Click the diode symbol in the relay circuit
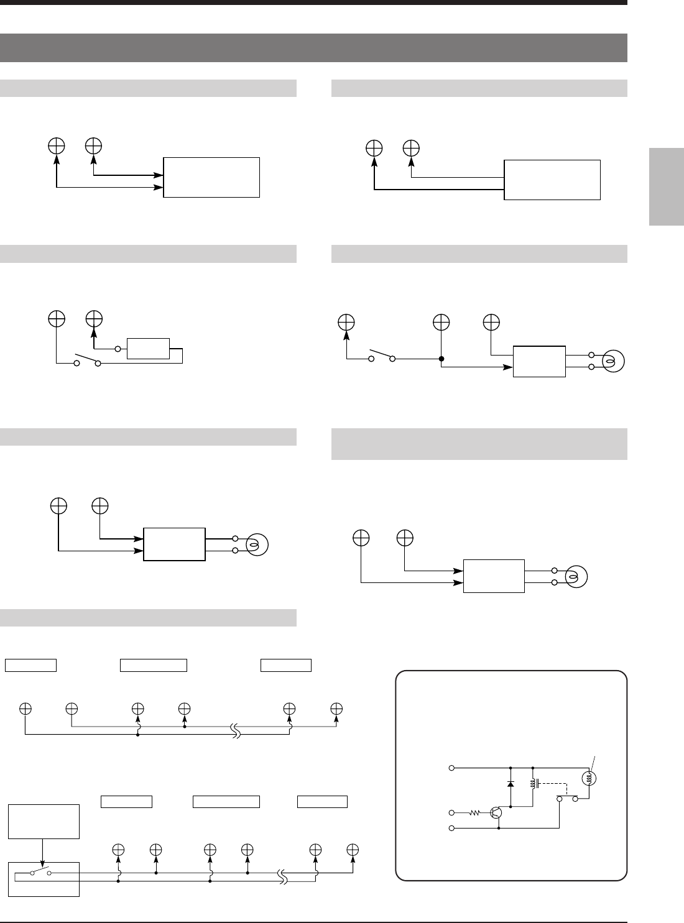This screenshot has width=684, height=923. [511, 784]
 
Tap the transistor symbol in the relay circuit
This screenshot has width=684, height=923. [496, 812]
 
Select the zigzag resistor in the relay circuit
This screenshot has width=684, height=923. [476, 812]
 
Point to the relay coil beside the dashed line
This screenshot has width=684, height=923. [532, 784]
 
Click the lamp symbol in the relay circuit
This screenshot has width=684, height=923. [588, 778]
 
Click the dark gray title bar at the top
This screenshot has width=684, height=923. [313, 48]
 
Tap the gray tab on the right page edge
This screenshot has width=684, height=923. [666, 186]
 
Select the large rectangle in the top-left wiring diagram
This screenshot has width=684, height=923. [211, 177]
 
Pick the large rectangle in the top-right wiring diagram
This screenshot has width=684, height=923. [552, 180]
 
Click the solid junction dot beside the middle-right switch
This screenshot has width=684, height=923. [441, 359]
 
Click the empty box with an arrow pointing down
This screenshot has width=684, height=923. [44, 821]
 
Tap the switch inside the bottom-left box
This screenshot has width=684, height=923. [41, 873]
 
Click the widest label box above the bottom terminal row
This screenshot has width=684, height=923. [226, 801]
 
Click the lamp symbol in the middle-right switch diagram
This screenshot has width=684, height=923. [614, 361]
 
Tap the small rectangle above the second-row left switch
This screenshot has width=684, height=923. [148, 349]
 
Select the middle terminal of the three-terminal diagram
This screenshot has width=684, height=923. [441, 323]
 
